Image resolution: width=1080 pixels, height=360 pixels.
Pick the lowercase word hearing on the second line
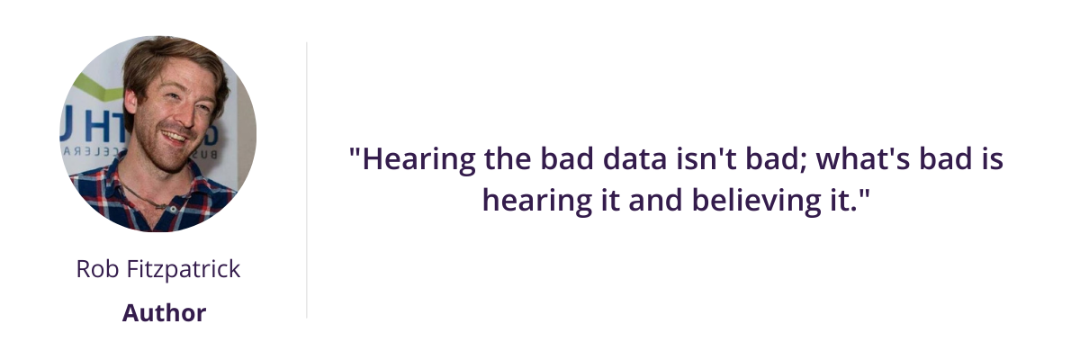pos(536,202)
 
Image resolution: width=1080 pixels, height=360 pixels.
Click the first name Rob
pos(97,269)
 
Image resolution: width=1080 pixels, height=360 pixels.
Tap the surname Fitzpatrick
pos(184,270)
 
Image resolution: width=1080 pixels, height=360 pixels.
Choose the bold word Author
pos(164,313)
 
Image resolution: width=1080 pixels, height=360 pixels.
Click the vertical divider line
pos(307,180)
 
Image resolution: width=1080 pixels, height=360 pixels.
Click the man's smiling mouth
pos(175,137)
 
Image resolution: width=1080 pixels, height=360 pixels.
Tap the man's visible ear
pos(130,101)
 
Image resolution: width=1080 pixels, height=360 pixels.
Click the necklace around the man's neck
pos(145,199)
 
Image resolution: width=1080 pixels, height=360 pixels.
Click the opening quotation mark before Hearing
pos(355,153)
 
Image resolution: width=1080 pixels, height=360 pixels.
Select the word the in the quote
pos(508,159)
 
